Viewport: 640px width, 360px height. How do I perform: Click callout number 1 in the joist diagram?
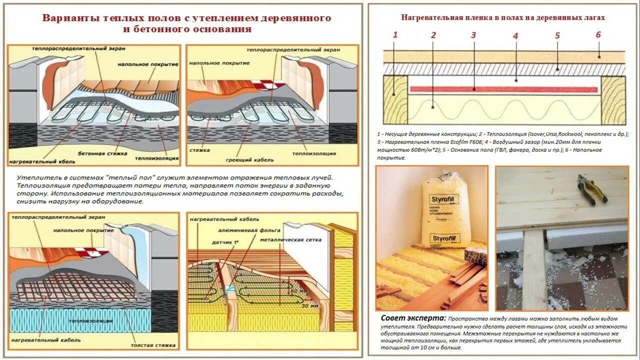pos(395,34)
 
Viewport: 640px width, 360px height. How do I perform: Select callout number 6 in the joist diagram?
pos(598,34)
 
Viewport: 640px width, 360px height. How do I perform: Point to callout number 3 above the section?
pos(473,35)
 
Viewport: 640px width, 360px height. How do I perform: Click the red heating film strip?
pos(503,89)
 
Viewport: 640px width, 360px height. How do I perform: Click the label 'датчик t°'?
pos(225,242)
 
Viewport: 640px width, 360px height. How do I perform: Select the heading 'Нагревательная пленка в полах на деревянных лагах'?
pos(503,17)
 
